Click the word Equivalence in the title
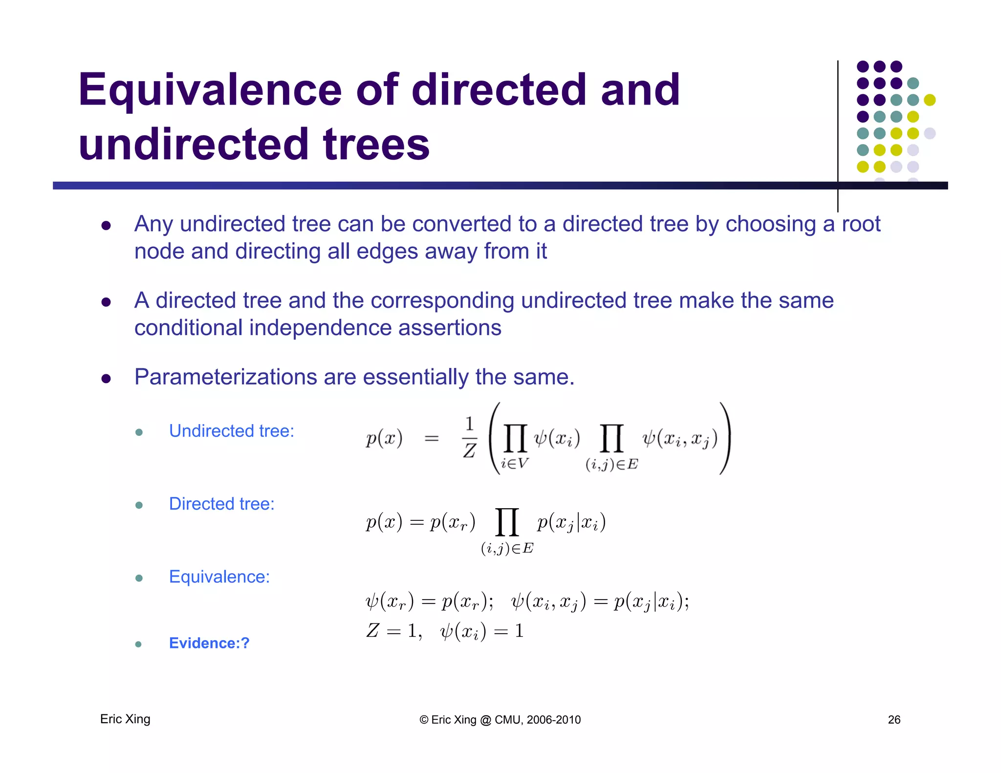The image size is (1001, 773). click(x=210, y=90)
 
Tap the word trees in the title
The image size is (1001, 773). click(x=376, y=145)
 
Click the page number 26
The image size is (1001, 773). click(x=894, y=719)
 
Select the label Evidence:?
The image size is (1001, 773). click(x=209, y=643)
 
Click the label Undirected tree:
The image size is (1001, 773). click(x=231, y=431)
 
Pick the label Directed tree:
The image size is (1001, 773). click(x=221, y=504)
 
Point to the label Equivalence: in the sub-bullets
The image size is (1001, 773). click(x=219, y=577)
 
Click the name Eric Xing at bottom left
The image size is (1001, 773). click(x=125, y=719)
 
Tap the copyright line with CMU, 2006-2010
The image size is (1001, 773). click(x=500, y=720)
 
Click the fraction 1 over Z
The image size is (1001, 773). click(x=469, y=438)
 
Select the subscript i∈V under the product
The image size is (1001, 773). click(x=514, y=463)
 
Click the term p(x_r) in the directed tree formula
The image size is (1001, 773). click(x=452, y=523)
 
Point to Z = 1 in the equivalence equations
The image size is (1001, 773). click(x=393, y=631)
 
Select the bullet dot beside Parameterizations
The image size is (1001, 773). click(x=106, y=379)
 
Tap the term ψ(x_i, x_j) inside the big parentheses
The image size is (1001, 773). click(x=679, y=439)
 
